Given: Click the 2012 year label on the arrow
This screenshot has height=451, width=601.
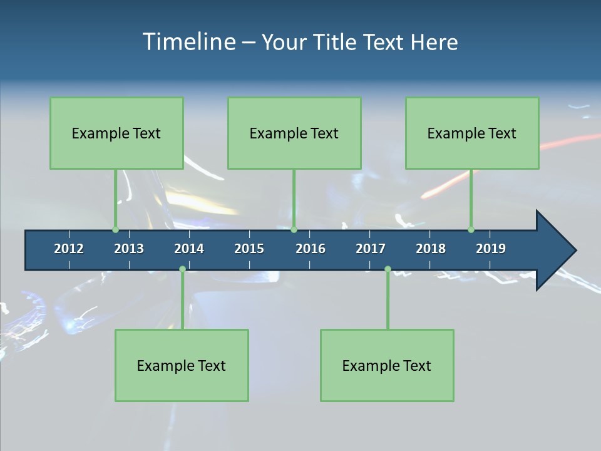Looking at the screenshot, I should coord(69,249).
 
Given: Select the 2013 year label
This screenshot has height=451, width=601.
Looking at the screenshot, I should coord(129,249).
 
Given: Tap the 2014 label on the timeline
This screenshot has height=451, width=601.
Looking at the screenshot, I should coord(189,249).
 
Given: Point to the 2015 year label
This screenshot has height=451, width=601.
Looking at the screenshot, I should coord(249,249).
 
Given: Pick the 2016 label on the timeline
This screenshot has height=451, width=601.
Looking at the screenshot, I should coord(311,249).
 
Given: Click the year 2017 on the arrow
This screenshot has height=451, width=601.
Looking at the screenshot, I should coord(371,249).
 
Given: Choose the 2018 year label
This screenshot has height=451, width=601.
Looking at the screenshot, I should coord(431,249).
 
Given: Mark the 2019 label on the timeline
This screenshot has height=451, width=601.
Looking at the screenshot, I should coord(491,249).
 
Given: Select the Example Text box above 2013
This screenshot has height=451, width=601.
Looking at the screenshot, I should coord(116,133).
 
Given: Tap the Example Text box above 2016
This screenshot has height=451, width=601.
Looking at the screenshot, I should coord(294,133).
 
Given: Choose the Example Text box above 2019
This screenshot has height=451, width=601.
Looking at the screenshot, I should coord(472,133).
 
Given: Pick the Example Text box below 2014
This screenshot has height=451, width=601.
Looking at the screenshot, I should coord(182,366).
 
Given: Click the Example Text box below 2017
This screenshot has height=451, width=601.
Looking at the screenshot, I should coord(387,366).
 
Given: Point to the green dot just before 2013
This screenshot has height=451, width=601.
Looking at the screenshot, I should coord(115,230).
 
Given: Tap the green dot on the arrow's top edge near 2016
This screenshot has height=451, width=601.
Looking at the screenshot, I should coord(294,230).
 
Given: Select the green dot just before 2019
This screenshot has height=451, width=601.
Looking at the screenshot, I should coord(471,230).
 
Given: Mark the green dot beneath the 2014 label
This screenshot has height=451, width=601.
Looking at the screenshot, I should coord(182,269).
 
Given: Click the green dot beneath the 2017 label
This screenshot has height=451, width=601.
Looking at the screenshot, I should coord(388,269).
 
